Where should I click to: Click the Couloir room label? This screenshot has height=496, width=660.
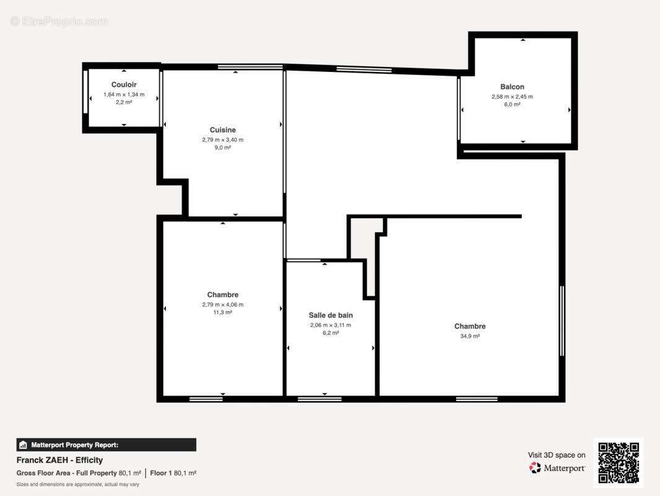click(124, 85)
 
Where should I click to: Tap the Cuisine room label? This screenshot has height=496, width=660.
click(223, 130)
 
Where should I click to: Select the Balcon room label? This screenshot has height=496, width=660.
click(512, 87)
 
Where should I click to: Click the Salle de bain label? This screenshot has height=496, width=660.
click(331, 315)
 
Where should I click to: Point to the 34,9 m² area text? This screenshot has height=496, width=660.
click(470, 336)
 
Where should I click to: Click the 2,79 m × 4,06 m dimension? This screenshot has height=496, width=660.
click(223, 304)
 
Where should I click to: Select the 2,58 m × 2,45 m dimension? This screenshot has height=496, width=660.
click(512, 97)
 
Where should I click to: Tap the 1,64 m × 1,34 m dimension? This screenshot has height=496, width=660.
click(124, 94)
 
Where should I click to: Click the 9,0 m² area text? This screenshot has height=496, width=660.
click(223, 148)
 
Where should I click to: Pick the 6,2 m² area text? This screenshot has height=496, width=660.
click(331, 333)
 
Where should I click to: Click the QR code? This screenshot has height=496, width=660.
click(619, 463)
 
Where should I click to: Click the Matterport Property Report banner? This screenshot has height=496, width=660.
click(106, 445)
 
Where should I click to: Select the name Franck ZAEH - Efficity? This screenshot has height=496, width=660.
click(60, 460)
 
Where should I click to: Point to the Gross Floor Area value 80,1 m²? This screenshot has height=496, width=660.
click(129, 473)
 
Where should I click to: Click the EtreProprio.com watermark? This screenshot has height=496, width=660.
click(59, 21)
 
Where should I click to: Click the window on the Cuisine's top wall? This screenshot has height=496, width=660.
click(251, 67)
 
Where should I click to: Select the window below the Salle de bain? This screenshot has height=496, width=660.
click(320, 399)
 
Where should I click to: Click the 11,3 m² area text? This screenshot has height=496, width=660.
click(223, 312)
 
